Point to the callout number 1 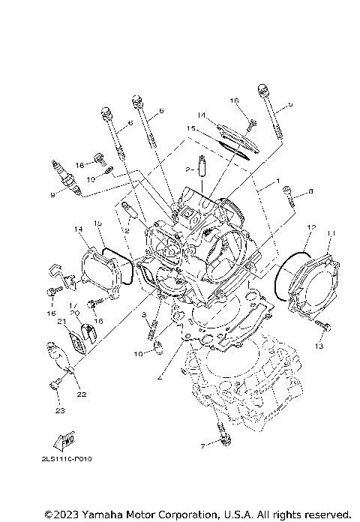[277, 181]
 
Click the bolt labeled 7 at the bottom [220, 428]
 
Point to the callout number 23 [56, 409]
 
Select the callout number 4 [157, 379]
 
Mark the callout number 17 [74, 304]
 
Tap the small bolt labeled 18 [97, 158]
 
